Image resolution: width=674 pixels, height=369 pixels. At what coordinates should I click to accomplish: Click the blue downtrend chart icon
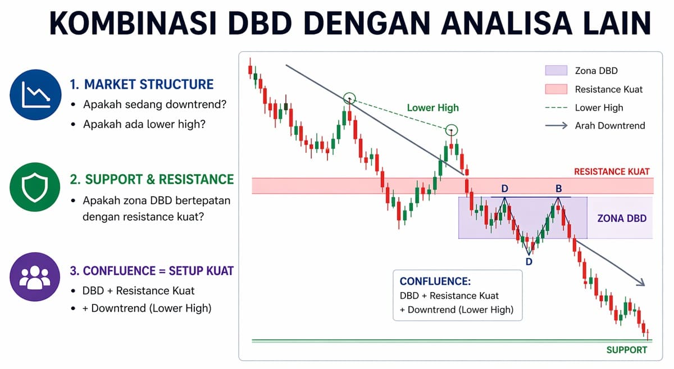click(35, 95)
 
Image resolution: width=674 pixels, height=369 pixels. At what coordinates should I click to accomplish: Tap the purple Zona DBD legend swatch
click(555, 71)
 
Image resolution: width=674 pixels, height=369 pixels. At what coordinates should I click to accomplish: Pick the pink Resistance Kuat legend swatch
click(555, 89)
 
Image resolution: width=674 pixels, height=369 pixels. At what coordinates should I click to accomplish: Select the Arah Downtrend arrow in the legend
click(555, 126)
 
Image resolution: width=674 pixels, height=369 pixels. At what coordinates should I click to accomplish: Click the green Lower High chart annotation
click(432, 108)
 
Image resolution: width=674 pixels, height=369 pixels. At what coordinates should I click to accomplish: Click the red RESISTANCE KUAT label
click(612, 172)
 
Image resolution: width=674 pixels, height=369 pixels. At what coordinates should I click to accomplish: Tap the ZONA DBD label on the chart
click(621, 218)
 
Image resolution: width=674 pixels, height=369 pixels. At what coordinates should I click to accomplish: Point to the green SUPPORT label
click(626, 350)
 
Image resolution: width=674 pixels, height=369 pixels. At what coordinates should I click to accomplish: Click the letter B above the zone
click(558, 189)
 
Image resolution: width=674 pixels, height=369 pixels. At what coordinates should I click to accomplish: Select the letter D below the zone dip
click(529, 262)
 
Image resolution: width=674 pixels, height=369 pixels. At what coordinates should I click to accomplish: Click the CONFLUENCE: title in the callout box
click(435, 281)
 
